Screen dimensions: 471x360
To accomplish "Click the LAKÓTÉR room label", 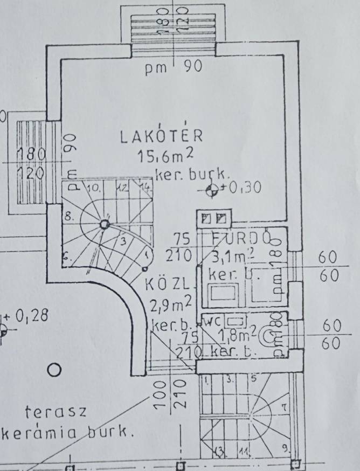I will (x=161, y=136).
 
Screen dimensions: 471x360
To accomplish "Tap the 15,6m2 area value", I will (x=165, y=156).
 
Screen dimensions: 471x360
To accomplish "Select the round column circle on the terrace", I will (x=53, y=370).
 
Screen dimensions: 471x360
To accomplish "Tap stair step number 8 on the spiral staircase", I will (x=69, y=217).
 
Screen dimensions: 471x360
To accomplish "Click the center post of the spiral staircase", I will (x=105, y=224).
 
